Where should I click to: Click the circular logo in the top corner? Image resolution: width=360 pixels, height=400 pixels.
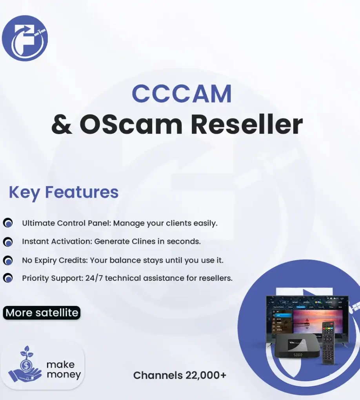click(25, 38)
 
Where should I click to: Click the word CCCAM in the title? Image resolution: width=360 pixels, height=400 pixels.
click(182, 94)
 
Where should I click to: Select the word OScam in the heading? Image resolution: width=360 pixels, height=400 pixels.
click(131, 125)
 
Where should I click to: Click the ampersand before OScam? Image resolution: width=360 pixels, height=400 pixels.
click(62, 125)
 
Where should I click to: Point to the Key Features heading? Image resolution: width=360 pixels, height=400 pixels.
click(64, 192)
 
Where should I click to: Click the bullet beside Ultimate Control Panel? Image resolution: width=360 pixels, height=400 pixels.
click(8, 224)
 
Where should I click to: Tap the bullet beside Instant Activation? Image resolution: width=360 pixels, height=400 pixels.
click(8, 242)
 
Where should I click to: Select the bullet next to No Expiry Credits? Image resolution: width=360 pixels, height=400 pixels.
click(8, 260)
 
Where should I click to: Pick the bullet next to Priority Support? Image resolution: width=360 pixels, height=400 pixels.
click(8, 278)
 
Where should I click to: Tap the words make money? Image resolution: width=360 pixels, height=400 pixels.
click(64, 370)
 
